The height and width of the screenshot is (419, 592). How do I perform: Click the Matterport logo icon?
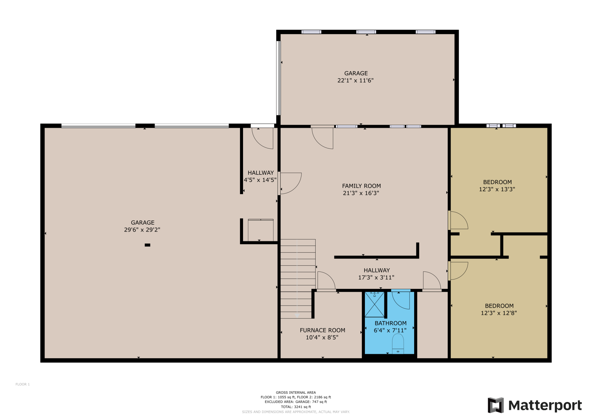coord(496,405)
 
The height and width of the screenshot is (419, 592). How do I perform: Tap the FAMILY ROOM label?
coord(361,186)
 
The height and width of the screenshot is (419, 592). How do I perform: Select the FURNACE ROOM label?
coord(322,330)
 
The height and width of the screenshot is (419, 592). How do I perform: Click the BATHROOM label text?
coord(390,323)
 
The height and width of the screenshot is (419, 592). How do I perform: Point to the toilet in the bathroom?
coord(398,344)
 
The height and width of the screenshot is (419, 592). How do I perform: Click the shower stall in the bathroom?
coord(375,304)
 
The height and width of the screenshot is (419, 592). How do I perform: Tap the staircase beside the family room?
coord(298,279)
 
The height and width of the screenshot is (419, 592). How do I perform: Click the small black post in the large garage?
coord(147,245)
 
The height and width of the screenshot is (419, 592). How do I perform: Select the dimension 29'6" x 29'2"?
coord(142,230)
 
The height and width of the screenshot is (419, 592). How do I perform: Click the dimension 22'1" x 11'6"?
coord(355,80)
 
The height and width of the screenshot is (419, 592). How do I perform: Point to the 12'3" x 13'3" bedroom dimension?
coord(497,189)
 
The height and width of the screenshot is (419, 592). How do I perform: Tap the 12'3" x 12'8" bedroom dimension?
coord(499,313)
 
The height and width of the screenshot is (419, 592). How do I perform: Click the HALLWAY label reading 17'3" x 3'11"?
coord(377,274)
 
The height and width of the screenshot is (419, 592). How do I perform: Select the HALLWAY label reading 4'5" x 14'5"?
coord(260,176)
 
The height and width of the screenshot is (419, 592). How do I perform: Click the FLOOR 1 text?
coord(22,384)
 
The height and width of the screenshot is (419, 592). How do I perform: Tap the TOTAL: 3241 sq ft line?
coord(296,407)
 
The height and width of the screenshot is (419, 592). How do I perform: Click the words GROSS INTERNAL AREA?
coord(296,392)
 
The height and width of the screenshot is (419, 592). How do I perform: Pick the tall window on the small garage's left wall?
coord(279,78)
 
